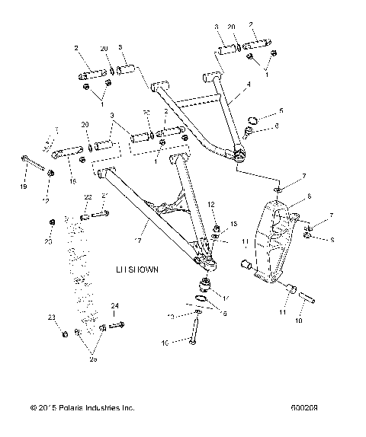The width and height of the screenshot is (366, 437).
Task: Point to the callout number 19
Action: [23, 187]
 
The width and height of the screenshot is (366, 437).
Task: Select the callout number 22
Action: [87, 196]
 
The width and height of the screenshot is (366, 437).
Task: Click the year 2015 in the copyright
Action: [50, 409]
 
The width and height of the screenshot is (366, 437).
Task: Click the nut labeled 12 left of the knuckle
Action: [217, 230]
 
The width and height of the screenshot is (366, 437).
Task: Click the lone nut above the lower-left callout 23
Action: [50, 222]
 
